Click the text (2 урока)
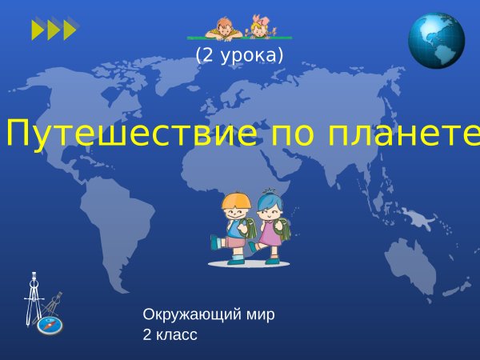coord(239,55)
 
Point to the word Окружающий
coord(192,314)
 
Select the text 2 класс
coord(170,334)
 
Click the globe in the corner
coord(436,40)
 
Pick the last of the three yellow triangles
coord(70,30)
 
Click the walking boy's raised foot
coord(214,241)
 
